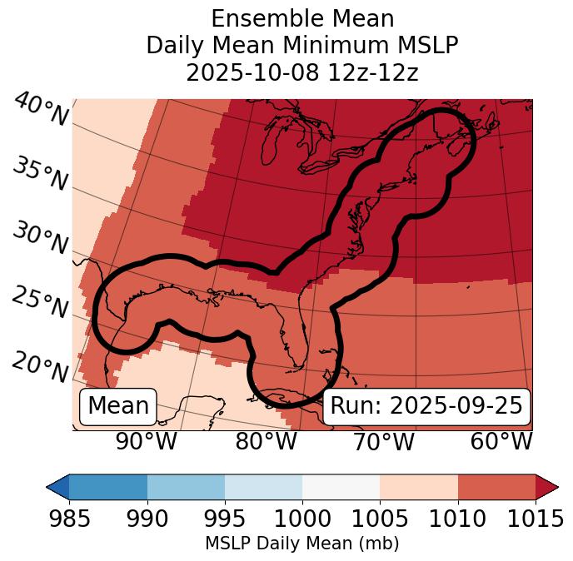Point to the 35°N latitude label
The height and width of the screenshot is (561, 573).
coord(40,175)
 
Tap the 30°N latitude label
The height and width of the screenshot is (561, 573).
coord(40,239)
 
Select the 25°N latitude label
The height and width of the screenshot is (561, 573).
coord(40,303)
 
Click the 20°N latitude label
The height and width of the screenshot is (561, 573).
coord(40,366)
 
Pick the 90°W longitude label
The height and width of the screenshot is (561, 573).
coord(146,441)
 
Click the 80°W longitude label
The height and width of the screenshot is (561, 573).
coord(266,441)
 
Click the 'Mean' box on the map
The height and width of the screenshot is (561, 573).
coord(118,406)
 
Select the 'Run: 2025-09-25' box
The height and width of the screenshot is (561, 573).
coord(426,406)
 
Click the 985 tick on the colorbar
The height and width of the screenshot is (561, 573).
coord(69,519)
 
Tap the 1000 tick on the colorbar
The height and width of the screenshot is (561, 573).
coord(302,519)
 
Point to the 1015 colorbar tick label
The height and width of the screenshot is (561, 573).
coord(535,519)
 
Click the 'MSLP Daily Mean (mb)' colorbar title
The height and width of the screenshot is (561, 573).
coord(301,544)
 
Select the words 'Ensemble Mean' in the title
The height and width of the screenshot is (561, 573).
coord(302,18)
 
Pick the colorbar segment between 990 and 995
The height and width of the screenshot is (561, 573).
coord(186,487)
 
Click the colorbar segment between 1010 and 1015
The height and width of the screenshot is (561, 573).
coord(496,487)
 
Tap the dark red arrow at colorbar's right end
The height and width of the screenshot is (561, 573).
coord(546,487)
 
